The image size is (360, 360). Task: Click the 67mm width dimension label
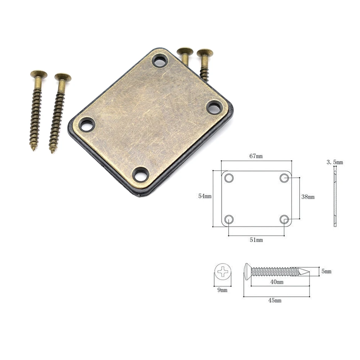pos(256,156)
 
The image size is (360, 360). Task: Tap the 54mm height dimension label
pos(205,196)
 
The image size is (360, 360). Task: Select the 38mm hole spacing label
pos(308,197)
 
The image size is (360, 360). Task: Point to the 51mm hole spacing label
pos(256,240)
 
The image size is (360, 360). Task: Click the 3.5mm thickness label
pos(335,162)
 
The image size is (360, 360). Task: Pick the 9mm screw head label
pos(222,290)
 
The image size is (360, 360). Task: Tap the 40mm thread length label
pos(276,282)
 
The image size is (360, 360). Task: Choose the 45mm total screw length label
pos(275,300)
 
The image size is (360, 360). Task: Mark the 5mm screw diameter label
pos(326,271)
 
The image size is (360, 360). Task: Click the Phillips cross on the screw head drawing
pos(222,271)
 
